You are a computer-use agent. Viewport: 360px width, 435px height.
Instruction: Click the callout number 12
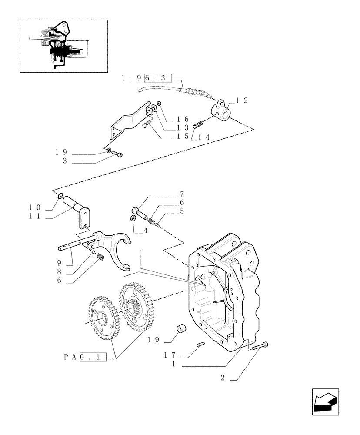click(x=242, y=100)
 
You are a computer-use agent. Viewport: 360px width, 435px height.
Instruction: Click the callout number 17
click(x=170, y=355)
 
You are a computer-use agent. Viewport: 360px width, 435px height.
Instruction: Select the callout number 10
click(x=35, y=207)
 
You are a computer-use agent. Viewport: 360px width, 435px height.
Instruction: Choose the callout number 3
click(x=65, y=161)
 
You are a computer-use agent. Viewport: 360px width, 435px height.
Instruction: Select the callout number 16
click(x=182, y=119)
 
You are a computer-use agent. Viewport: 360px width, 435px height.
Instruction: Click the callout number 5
click(x=182, y=211)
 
